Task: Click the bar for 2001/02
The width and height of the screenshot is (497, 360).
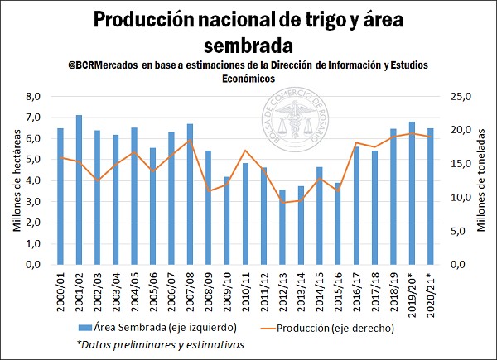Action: (79, 190)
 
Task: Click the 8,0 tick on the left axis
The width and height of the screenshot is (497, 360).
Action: (34, 97)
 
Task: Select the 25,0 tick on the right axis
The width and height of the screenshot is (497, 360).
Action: (457, 97)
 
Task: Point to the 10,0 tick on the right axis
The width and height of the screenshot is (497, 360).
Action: (457, 197)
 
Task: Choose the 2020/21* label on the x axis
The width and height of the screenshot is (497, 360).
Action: (431, 293)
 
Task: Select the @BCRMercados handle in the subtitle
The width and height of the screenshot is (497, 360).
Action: (104, 65)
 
